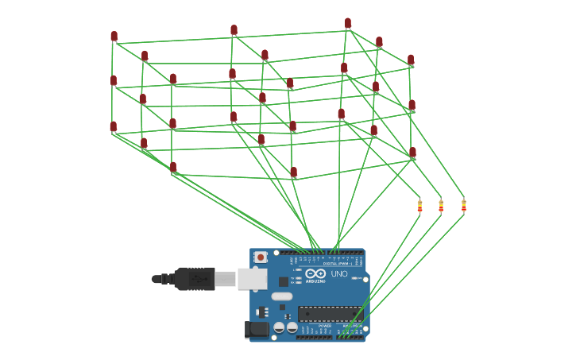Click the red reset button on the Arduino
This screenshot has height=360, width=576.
point(261,257)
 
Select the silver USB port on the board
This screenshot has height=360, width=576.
point(252,279)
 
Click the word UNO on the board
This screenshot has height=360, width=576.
point(339,274)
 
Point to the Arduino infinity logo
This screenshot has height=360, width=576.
point(315,273)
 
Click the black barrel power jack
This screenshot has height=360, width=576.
point(257,329)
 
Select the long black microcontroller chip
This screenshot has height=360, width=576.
point(330,314)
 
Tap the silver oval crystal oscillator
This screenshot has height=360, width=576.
point(282,296)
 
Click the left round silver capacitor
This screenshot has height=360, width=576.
point(279,327)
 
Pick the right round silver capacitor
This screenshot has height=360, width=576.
point(292,327)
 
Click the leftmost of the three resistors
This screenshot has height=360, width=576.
point(419,207)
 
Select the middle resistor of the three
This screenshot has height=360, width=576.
point(441,207)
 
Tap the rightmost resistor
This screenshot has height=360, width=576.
point(463,206)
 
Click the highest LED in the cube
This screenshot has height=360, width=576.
point(347,23)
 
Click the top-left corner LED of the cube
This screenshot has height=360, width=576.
point(114,36)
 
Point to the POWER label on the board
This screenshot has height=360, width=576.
point(325,326)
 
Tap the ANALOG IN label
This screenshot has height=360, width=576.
point(350,326)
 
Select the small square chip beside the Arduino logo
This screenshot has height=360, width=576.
point(284,281)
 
